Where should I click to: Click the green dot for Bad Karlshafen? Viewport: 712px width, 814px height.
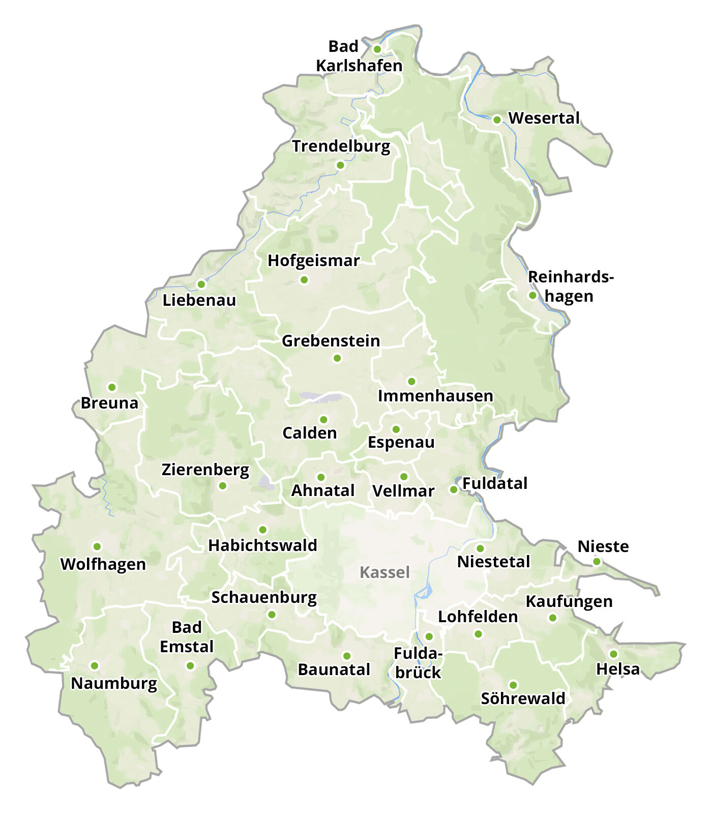[377, 49]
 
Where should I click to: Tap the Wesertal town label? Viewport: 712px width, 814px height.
[544, 118]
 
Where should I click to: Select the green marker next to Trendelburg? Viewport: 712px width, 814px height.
[340, 165]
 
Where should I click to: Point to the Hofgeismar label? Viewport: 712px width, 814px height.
[314, 261]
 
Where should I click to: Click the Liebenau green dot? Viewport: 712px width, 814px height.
[201, 284]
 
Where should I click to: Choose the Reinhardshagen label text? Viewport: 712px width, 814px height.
[570, 286]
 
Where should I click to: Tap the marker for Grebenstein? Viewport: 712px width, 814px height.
[337, 359]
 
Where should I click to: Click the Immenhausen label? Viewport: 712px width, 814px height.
[435, 396]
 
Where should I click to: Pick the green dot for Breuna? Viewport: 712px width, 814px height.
[112, 387]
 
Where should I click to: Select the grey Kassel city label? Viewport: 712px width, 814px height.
[384, 573]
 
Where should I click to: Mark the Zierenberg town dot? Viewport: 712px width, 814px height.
[222, 486]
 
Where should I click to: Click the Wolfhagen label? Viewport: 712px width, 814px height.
[103, 564]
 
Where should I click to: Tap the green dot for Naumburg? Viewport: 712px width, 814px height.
[94, 665]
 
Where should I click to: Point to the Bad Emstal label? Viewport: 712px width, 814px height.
[187, 637]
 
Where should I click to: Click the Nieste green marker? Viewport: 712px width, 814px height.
[597, 562]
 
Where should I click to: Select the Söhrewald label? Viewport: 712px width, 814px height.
[523, 699]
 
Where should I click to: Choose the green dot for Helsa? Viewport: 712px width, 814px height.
[613, 654]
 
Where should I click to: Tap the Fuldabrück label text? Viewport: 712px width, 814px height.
[418, 663]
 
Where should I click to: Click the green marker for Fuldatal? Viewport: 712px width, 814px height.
[453, 489]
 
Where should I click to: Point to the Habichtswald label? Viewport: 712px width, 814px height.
[262, 545]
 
